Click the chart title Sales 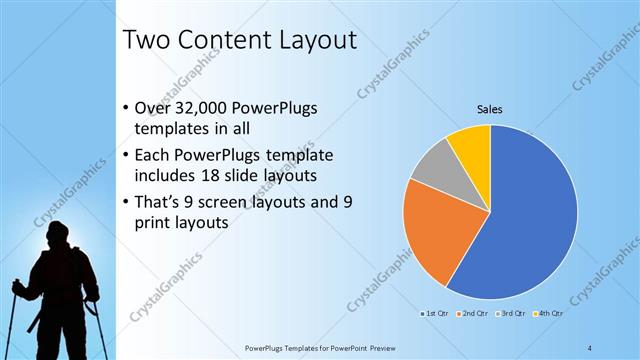click(488, 109)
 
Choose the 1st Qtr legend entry click(435, 313)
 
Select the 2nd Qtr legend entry click(473, 313)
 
